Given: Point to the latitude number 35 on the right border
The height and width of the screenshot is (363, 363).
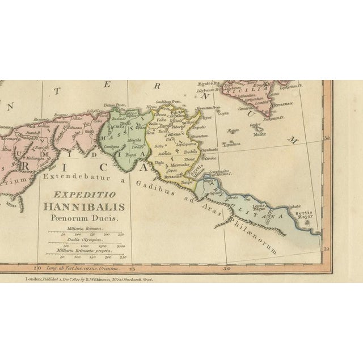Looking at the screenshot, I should (326, 138).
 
